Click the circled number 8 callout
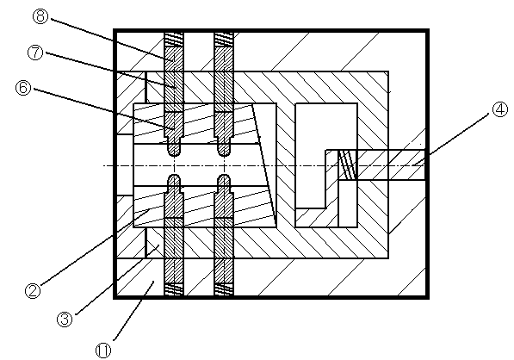point(40,16)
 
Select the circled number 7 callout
point(35,53)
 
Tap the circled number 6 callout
point(23,88)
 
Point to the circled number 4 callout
point(499,109)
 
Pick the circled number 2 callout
point(33,290)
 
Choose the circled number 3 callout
point(65,319)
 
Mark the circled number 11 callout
point(103,351)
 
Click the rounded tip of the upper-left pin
point(174,152)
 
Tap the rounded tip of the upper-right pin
point(224,152)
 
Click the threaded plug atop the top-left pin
point(174,40)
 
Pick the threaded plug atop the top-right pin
point(224,40)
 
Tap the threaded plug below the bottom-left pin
point(174,289)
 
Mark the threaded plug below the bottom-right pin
point(224,289)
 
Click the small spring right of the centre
point(348,164)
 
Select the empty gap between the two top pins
point(199,52)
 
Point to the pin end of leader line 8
point(173,61)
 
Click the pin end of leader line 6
point(173,127)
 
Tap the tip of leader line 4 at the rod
point(413,164)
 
